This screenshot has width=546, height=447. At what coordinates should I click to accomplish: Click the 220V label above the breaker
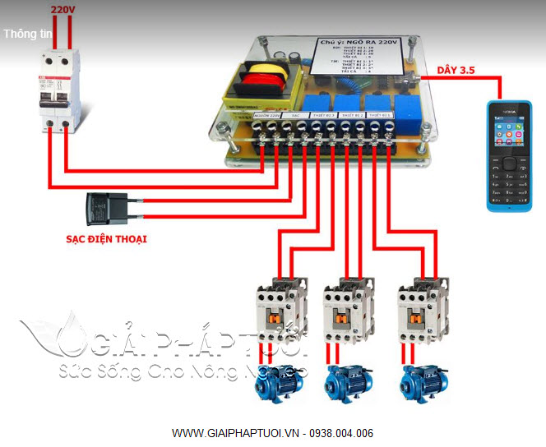62,10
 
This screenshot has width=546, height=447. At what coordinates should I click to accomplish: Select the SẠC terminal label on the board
294,117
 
